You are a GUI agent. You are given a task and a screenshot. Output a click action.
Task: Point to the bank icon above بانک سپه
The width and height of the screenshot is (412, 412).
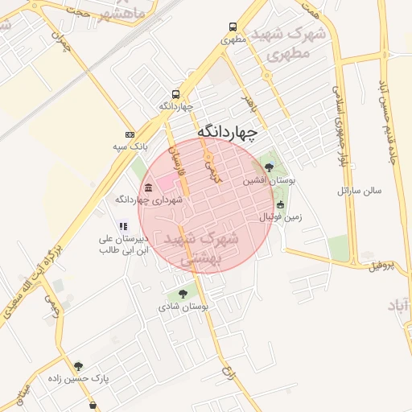pyautogui.click(x=130, y=134)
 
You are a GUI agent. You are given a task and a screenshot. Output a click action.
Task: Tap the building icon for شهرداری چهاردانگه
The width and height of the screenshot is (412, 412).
pyautogui.click(x=148, y=188)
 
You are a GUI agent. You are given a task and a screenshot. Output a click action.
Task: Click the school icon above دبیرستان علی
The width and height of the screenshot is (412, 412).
pyautogui.click(x=122, y=227)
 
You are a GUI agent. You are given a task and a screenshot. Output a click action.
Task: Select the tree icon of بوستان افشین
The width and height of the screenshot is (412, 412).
pyautogui.click(x=269, y=168)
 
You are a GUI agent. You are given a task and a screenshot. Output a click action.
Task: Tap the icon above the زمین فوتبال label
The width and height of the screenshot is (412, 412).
pyautogui.click(x=280, y=204)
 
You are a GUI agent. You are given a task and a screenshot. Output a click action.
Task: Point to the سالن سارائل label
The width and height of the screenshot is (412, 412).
pyautogui.click(x=359, y=192)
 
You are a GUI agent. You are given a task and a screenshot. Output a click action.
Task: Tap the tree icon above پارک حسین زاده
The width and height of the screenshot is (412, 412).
pyautogui.click(x=78, y=366)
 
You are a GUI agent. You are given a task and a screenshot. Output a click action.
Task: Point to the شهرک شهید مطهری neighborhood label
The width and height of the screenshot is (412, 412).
pyautogui.click(x=291, y=43)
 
